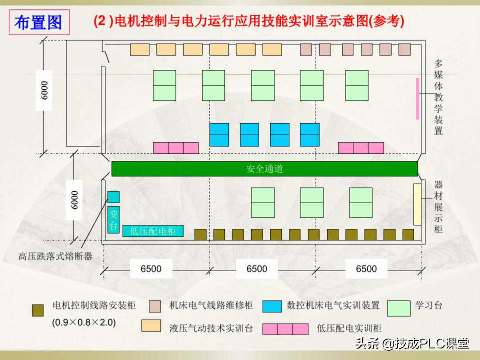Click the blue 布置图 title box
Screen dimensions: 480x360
click(x=40, y=22)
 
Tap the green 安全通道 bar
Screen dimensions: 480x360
click(x=264, y=169)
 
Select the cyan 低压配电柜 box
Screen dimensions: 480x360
click(x=153, y=231)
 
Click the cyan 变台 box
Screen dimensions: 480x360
click(x=113, y=220)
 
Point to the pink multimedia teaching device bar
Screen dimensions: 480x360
click(x=417, y=99)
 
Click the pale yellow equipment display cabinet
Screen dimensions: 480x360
click(x=417, y=204)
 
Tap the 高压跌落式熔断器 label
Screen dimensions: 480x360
click(x=55, y=256)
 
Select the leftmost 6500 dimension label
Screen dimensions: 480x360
click(x=151, y=269)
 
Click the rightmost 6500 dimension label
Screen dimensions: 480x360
click(x=366, y=269)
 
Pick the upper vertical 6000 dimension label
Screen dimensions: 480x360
click(x=44, y=90)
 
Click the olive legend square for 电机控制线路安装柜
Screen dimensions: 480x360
click(x=38, y=310)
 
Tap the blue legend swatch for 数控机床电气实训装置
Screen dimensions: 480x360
click(x=272, y=306)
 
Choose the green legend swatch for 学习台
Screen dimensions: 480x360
click(x=399, y=308)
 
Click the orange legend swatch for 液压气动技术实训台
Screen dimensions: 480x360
click(x=151, y=326)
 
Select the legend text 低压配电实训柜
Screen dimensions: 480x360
click(x=349, y=328)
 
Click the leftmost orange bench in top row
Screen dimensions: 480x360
click(x=140, y=50)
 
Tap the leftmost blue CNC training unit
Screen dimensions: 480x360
click(x=219, y=135)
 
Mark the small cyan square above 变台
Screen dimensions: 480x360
click(x=113, y=197)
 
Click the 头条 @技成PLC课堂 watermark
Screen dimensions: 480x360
click(x=412, y=344)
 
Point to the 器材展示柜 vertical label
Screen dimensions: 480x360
click(x=438, y=207)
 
